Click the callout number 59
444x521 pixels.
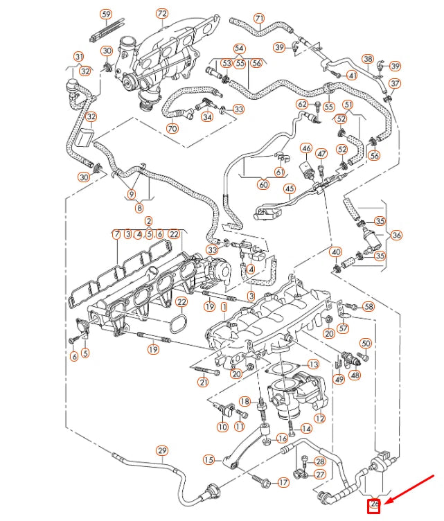pyautogui.click(x=106, y=14)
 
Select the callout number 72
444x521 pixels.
pyautogui.click(x=161, y=13)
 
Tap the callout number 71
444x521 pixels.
pyautogui.click(x=259, y=18)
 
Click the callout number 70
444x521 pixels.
pyautogui.click(x=172, y=128)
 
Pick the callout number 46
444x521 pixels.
pyautogui.click(x=306, y=148)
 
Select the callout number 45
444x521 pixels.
pyautogui.click(x=289, y=188)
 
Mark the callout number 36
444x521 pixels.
pyautogui.click(x=396, y=235)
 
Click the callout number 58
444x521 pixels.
pyautogui.click(x=368, y=306)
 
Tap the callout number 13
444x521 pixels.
pyautogui.click(x=313, y=364)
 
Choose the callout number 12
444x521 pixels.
pyautogui.click(x=319, y=418)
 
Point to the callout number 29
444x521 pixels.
pyautogui.click(x=162, y=451)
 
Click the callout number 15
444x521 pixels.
pyautogui.click(x=208, y=459)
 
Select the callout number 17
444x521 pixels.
pyautogui.click(x=283, y=482)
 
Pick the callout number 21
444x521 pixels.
pyautogui.click(x=203, y=382)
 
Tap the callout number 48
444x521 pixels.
pyautogui.click(x=355, y=375)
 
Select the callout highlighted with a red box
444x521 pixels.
pyautogui.click(x=375, y=505)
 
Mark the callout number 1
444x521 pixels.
pyautogui.click(x=223, y=324)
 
